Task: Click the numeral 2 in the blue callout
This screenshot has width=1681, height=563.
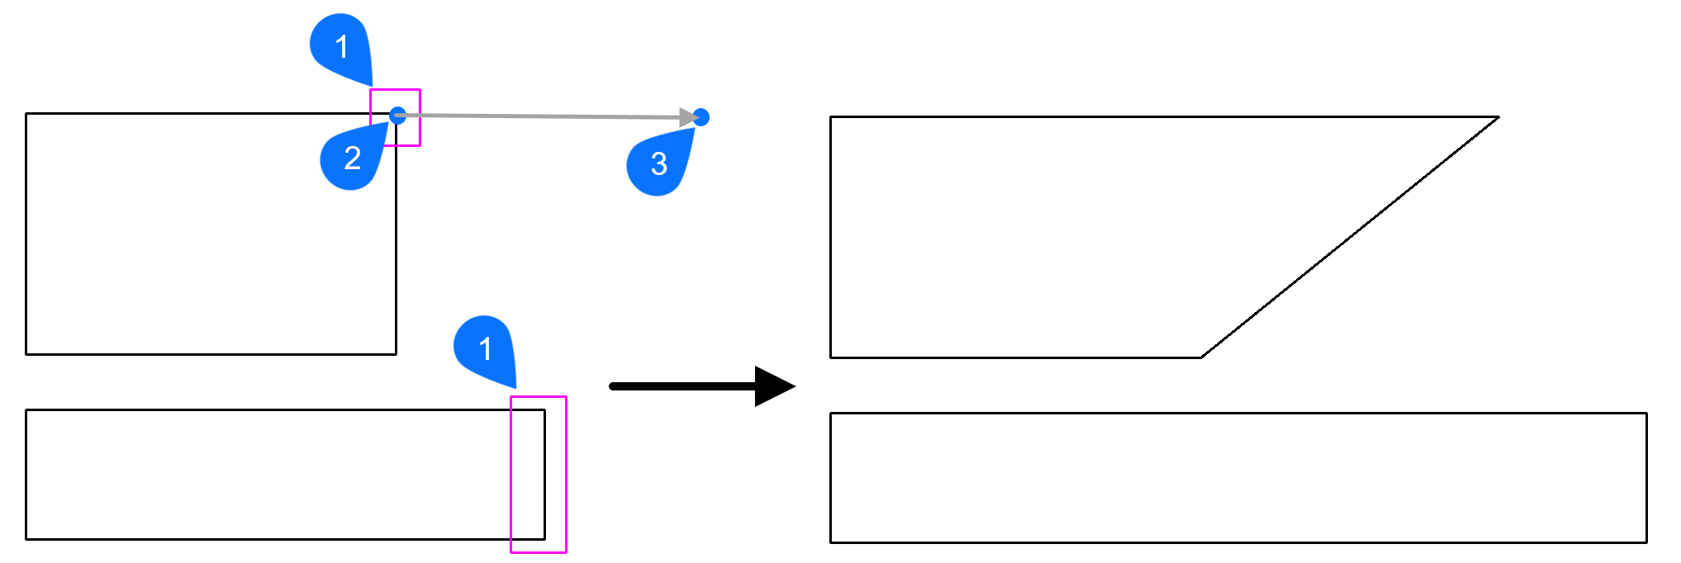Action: point(352,158)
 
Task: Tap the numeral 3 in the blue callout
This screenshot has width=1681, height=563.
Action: point(658,164)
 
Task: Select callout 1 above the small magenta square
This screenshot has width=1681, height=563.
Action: point(341,47)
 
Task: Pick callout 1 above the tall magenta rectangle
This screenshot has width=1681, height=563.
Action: point(485,349)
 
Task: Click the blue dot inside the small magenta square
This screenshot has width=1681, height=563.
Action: point(397,115)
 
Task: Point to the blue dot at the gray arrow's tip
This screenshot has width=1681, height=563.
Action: point(701,117)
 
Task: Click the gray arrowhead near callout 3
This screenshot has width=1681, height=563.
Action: point(687,117)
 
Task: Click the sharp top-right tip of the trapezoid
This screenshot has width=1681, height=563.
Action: point(1498,117)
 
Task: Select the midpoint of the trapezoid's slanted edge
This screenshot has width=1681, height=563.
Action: point(1350,238)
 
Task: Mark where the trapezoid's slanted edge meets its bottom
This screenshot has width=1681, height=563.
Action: point(1201,357)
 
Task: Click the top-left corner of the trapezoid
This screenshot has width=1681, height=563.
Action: point(831,117)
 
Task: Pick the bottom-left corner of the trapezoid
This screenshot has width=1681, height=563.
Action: point(831,357)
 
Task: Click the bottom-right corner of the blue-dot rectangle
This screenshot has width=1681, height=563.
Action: point(396,354)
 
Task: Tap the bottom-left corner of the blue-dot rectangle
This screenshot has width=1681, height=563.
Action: point(26,354)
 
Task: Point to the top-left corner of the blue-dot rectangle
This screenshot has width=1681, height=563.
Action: point(26,114)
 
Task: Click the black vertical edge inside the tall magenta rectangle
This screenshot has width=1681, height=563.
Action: point(544,475)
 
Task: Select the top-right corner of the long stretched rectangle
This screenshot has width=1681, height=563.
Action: point(1646,414)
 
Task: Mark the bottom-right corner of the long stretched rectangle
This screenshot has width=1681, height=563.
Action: point(1646,542)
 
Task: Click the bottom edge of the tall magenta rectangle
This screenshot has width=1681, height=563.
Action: point(539,551)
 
